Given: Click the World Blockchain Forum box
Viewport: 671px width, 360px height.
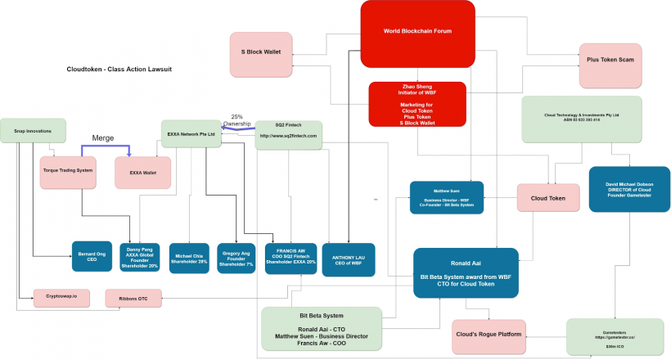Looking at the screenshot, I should [x=417, y=31].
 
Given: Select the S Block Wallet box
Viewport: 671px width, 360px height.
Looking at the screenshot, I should [x=261, y=52].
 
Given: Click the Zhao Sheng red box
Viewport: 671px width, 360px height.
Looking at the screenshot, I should [x=417, y=104].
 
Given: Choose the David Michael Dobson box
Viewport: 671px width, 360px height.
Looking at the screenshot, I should [x=629, y=189].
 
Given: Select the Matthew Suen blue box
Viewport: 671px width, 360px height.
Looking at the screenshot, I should [x=446, y=198].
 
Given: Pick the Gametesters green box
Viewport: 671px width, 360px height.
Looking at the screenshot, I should [x=615, y=336].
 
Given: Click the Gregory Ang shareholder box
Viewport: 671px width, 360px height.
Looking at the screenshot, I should [x=237, y=259].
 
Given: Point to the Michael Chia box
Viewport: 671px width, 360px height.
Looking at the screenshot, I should [x=189, y=259].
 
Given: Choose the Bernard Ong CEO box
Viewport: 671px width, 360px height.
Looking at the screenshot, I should [x=91, y=255].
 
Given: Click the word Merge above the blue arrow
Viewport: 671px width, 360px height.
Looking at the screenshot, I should [x=102, y=138].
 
